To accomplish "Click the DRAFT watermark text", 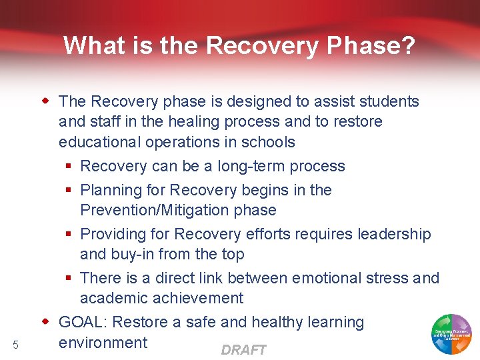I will click(x=243, y=350).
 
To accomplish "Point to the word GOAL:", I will click(x=83, y=323).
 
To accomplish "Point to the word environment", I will click(x=103, y=343).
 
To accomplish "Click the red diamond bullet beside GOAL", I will click(x=46, y=322).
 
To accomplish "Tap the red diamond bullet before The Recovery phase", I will click(x=46, y=101).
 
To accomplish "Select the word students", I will click(x=389, y=101).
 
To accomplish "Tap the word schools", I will click(x=270, y=143).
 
